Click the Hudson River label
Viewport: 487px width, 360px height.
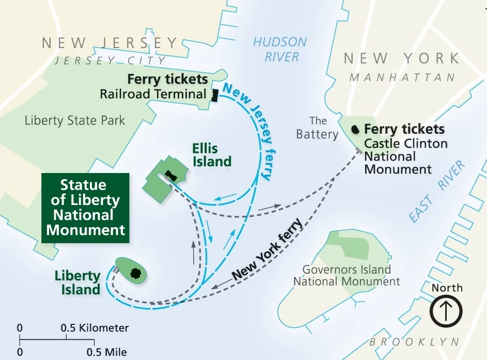(279, 49)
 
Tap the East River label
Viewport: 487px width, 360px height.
(437, 192)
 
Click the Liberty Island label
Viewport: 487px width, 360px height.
(77, 283)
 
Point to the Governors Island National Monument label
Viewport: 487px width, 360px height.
(347, 275)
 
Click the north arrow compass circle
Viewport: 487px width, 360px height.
(447, 311)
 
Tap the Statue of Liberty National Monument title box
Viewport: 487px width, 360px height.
(86, 208)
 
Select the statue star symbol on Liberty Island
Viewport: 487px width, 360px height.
(136, 273)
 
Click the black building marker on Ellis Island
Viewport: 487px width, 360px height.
(171, 176)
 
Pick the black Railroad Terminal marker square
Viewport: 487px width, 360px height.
(214, 95)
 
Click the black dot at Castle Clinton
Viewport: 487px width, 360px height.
(355, 129)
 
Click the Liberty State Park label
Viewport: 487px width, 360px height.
(75, 121)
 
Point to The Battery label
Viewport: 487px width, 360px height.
(317, 128)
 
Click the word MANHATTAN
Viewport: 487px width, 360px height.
(402, 77)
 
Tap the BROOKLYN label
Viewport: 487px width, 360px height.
(414, 342)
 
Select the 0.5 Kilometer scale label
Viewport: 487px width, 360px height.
(95, 328)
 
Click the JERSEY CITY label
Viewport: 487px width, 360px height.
(111, 61)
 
